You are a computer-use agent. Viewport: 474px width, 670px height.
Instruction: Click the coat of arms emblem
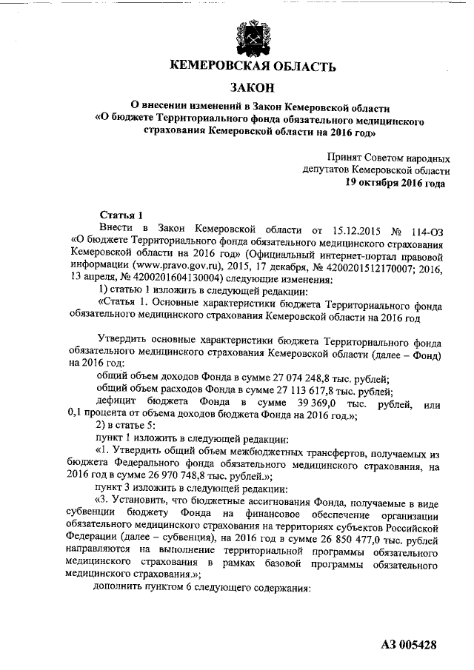point(245,35)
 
